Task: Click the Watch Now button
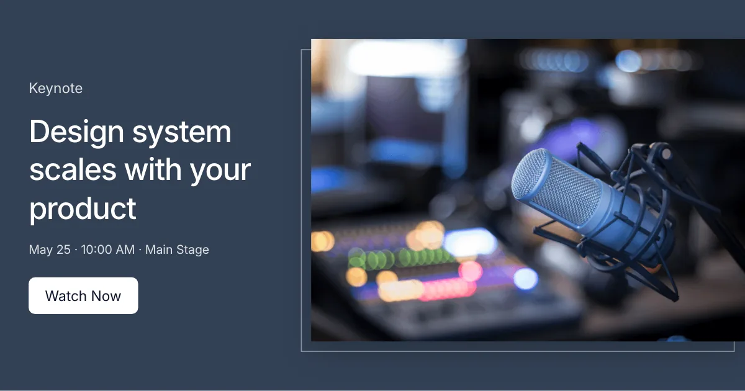click(x=83, y=295)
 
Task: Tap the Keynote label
click(x=55, y=88)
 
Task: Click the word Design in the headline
click(x=76, y=132)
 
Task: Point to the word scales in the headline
click(x=73, y=169)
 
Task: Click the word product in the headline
click(x=83, y=209)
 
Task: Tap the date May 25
click(x=50, y=249)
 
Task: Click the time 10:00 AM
click(x=108, y=249)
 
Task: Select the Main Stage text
click(x=177, y=249)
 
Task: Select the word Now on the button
click(x=106, y=296)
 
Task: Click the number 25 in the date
click(x=63, y=249)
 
